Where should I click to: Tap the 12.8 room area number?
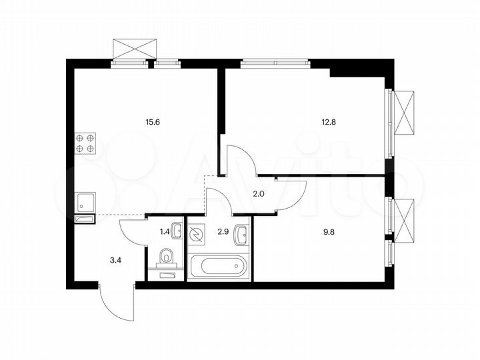330,121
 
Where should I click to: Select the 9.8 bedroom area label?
330,233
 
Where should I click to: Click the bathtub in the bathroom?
218,267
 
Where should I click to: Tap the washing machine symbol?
197,236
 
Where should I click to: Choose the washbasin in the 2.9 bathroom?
243,233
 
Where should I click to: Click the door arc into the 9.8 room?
290,197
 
